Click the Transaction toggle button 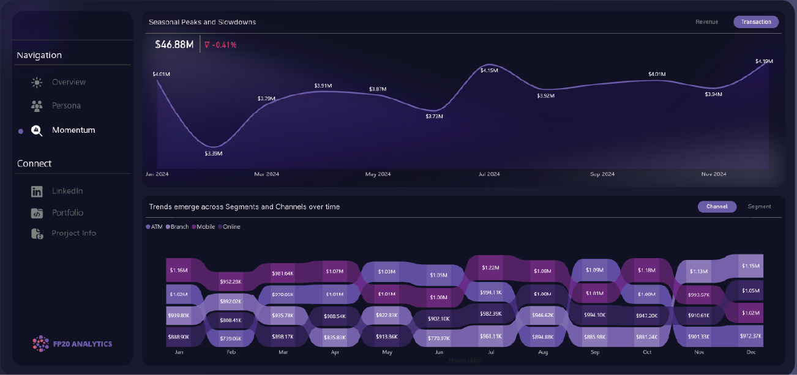[756, 22]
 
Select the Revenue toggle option [706, 22]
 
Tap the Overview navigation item [68, 82]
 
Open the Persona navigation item [65, 106]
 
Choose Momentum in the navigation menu [73, 130]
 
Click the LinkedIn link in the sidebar [67, 191]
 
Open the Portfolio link [67, 213]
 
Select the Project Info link [73, 233]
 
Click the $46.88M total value [174, 45]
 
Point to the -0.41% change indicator [221, 45]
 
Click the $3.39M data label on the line [214, 153]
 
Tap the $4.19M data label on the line [764, 61]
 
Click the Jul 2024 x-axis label [489, 174]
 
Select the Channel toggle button [717, 207]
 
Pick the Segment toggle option [759, 207]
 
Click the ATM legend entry [154, 227]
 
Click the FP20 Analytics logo [72, 344]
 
